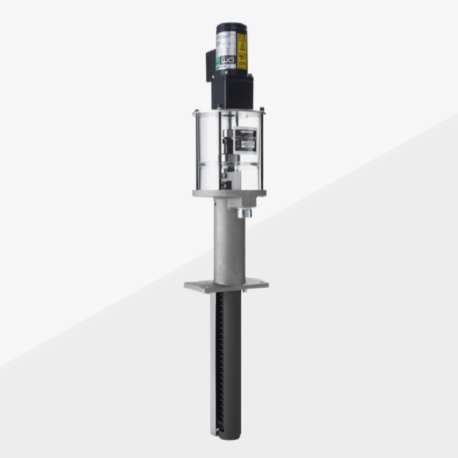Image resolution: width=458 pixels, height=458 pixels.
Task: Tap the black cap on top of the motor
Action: tap(231, 27)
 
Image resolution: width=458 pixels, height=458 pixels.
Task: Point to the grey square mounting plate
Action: tap(227, 285)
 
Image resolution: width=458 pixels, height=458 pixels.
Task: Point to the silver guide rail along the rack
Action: tap(214, 360)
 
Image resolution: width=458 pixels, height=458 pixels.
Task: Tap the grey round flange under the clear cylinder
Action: tap(229, 194)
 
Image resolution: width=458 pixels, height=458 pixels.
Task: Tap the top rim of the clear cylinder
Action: tap(229, 112)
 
